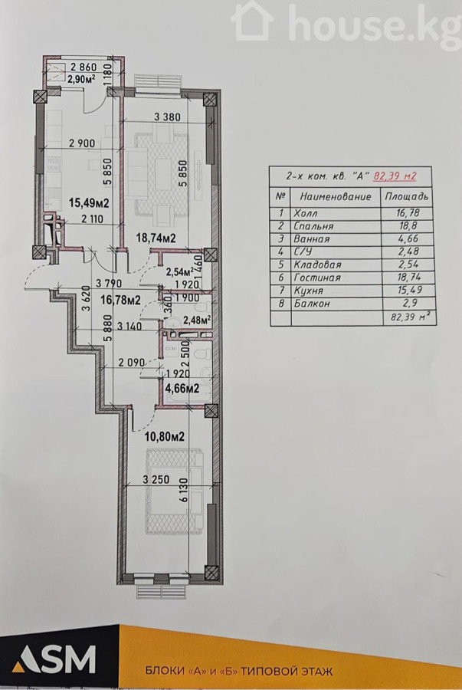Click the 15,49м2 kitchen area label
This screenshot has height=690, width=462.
point(89,203)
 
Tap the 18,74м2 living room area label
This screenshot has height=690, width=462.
point(156,238)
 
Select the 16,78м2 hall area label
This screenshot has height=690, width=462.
point(120,300)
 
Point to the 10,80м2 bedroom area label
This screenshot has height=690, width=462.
point(165,437)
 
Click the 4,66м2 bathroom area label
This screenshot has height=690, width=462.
point(182,389)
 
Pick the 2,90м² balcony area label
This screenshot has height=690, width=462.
point(81,79)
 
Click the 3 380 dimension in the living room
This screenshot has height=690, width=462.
point(167,117)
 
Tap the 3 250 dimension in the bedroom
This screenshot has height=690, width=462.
point(156,480)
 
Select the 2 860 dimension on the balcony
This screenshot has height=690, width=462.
point(83,67)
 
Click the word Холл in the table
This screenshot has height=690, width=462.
point(306,213)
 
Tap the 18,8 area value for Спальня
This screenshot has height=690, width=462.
point(408,226)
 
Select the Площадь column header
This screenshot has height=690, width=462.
point(406,196)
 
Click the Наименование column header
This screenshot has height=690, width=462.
point(336,196)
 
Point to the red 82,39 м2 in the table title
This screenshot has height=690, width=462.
point(395,176)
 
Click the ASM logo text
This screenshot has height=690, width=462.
point(54,659)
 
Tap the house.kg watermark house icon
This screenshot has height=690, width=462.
point(252,21)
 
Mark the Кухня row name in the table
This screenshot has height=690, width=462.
point(308,291)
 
